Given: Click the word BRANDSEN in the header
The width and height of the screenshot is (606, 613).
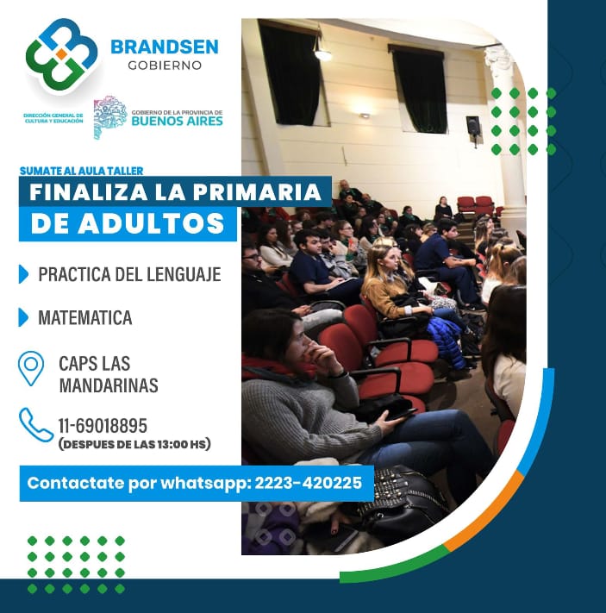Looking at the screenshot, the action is coord(165,47).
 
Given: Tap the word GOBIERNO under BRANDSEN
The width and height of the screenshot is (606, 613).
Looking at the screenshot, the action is coord(165,66).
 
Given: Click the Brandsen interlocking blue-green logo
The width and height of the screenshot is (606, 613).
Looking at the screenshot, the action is coord(61,54).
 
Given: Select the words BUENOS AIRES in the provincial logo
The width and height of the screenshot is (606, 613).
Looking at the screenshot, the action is coord(177,121).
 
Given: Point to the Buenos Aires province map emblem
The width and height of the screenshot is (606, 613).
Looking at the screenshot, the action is coord(109,116).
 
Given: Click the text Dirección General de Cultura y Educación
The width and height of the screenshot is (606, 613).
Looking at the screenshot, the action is coord(53,118).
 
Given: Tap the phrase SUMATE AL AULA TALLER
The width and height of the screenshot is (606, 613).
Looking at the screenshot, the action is coord(81,171).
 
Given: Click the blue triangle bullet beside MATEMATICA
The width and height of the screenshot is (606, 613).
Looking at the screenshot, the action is coord(23,317).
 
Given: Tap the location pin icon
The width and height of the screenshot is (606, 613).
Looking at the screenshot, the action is coord(31,368).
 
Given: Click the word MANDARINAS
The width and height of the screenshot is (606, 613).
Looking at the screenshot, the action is coord(109,385).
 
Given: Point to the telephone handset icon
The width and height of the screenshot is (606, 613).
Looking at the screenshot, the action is coord(35,425).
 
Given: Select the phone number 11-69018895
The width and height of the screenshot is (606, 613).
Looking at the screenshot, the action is coord(103,426).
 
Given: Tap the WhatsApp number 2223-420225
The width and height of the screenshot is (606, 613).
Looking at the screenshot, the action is coord(308,483).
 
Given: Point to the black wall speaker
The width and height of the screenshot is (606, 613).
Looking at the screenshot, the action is coord(472,127).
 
